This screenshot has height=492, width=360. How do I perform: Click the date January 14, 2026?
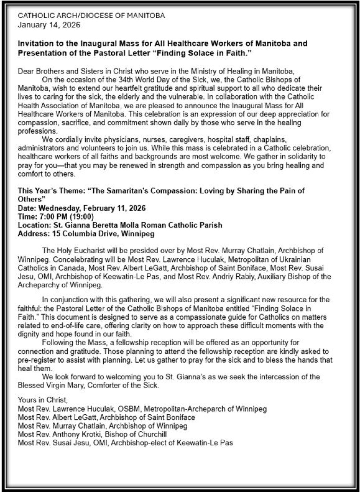(49, 25)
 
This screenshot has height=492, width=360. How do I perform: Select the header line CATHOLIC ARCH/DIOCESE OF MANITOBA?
(91, 16)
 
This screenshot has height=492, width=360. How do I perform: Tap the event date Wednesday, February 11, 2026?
(92, 208)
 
